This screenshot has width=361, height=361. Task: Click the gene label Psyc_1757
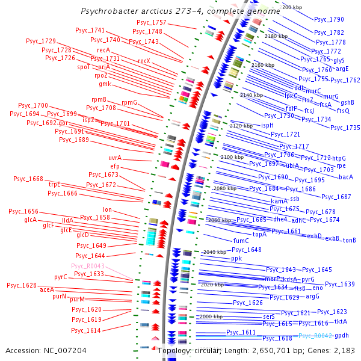pos(152,22)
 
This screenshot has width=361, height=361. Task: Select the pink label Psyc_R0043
pos(88,266)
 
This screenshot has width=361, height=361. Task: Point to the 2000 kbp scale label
pos(211,316)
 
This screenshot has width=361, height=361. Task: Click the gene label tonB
pos(350,240)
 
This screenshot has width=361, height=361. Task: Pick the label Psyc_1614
pos(86,330)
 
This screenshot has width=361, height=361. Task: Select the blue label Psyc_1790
pos(329,20)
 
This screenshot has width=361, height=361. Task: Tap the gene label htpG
pos(339,158)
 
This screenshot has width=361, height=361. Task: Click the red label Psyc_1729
pos(41,40)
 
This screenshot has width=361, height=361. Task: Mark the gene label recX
pos(144,61)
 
